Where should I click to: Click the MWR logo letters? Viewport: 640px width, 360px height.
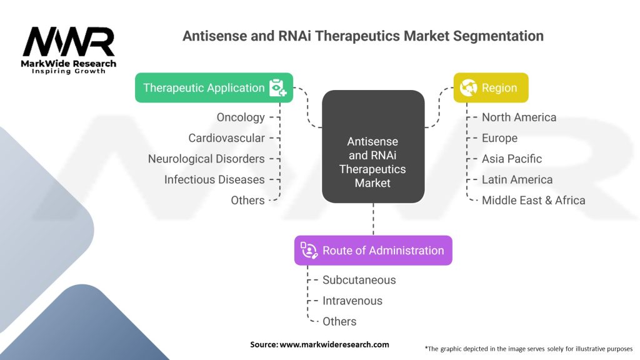pyautogui.click(x=69, y=42)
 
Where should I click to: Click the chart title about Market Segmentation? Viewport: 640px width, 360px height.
pyautogui.click(x=362, y=36)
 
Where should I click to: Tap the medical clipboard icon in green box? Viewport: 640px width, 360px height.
pyautogui.click(x=278, y=87)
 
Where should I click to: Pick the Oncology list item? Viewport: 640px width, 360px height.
pyautogui.click(x=241, y=117)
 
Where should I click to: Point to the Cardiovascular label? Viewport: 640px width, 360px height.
pyautogui.click(x=226, y=137)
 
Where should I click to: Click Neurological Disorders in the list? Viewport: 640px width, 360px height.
pyautogui.click(x=206, y=159)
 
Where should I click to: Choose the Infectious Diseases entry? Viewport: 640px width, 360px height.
pyautogui.click(x=214, y=179)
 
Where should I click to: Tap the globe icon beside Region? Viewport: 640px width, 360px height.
pyautogui.click(x=468, y=87)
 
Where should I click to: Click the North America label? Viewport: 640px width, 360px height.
pyautogui.click(x=519, y=117)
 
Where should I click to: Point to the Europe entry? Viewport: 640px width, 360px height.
pyautogui.click(x=499, y=137)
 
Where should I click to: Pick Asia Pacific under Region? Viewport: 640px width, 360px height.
pyautogui.click(x=512, y=159)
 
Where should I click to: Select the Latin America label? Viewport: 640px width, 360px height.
pyautogui.click(x=517, y=179)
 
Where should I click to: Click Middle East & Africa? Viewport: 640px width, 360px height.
pyautogui.click(x=533, y=200)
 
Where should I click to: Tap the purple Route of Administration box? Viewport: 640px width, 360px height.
pyautogui.click(x=373, y=251)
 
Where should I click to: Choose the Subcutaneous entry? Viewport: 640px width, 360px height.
pyautogui.click(x=359, y=280)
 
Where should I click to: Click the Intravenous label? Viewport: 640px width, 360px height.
pyautogui.click(x=352, y=301)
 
